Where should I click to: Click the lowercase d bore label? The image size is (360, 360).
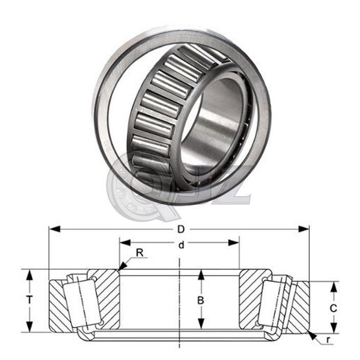(x=180, y=245)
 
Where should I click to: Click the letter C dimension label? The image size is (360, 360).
(x=333, y=308)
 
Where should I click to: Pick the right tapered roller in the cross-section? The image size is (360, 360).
(x=274, y=302)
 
